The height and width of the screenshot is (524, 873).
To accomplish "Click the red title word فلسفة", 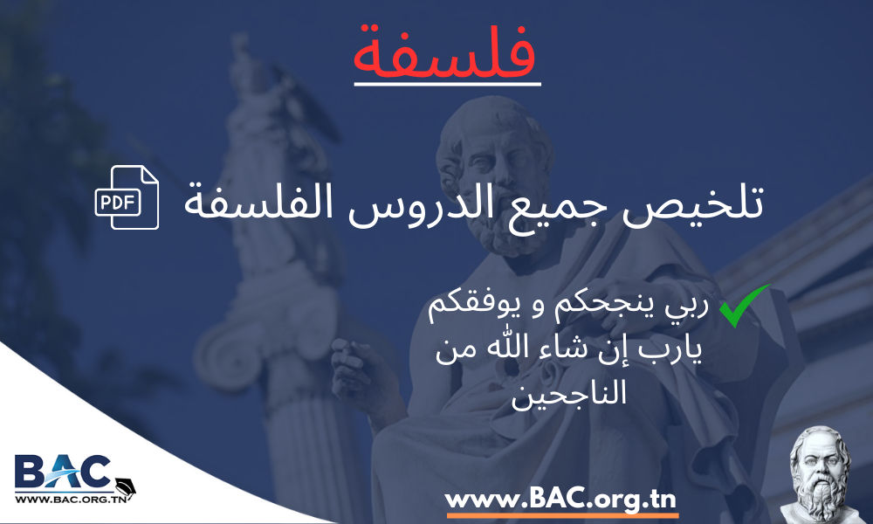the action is pos(445,52).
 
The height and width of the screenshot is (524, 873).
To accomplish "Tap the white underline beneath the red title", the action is pos(448,84).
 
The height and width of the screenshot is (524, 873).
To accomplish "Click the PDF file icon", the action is pos(127,197).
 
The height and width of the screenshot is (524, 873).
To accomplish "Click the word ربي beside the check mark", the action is pos(690,307).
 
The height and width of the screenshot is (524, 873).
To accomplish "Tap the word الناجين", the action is pos(568,392).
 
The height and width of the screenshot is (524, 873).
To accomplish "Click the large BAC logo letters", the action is pos(62,471).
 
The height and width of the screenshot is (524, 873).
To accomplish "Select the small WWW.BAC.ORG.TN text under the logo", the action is pos(70,499).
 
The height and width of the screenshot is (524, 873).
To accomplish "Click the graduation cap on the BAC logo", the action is pos(125,486).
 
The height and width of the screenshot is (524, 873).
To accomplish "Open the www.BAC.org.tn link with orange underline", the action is pos(560,499).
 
